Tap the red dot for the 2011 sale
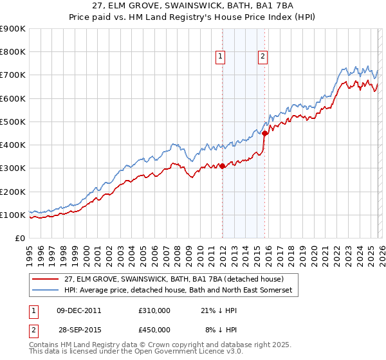(x=222, y=166)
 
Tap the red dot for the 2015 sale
(x=264, y=133)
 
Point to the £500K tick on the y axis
(x=13, y=122)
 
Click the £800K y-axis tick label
(x=13, y=52)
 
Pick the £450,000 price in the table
(x=154, y=329)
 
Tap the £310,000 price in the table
(x=154, y=310)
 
